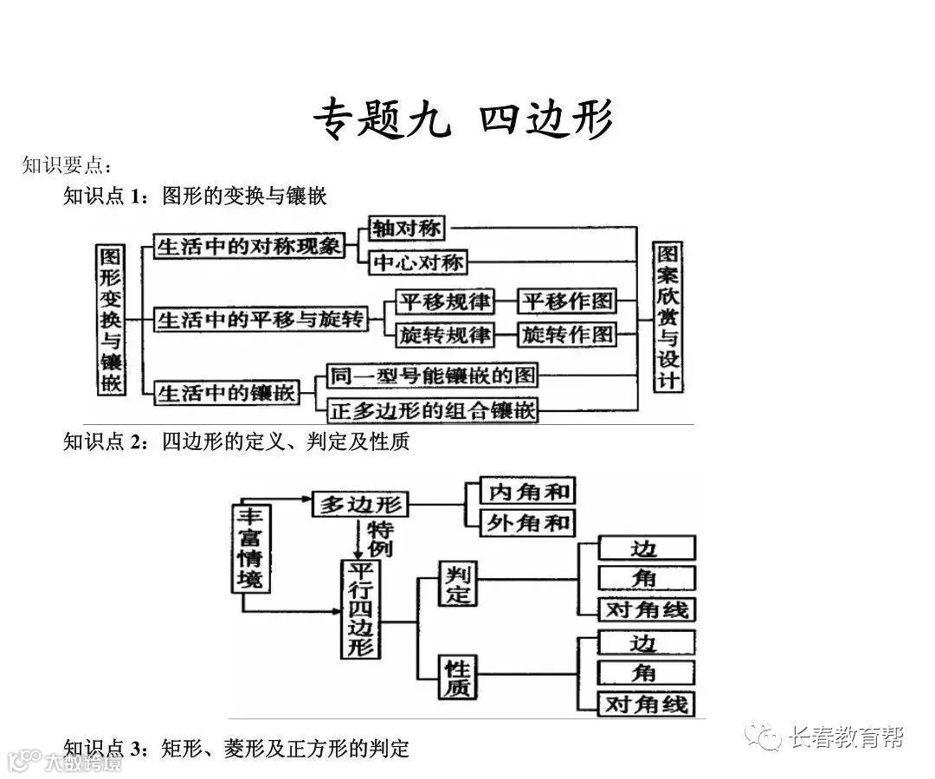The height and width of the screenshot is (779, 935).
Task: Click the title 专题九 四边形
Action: pos(462,119)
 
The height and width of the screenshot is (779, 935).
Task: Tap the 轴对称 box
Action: pos(407,229)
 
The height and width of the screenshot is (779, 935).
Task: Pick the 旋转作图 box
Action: pos(568,334)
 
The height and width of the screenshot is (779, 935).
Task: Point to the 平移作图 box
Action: pos(568,301)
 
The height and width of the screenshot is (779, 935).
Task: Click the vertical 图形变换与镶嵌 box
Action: pos(110,319)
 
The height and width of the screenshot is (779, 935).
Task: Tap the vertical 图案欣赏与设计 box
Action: pos(667,317)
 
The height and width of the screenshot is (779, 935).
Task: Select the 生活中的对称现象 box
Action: pos(248,246)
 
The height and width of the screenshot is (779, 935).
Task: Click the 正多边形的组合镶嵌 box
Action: pos(432,409)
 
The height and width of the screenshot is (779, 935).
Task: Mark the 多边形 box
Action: pos(359,504)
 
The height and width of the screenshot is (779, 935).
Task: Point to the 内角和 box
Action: pos(528,492)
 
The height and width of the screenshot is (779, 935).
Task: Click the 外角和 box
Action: pos(528,522)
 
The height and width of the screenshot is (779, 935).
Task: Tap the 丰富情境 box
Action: pos(249,547)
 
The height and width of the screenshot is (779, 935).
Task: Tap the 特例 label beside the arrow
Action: pos(381,538)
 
